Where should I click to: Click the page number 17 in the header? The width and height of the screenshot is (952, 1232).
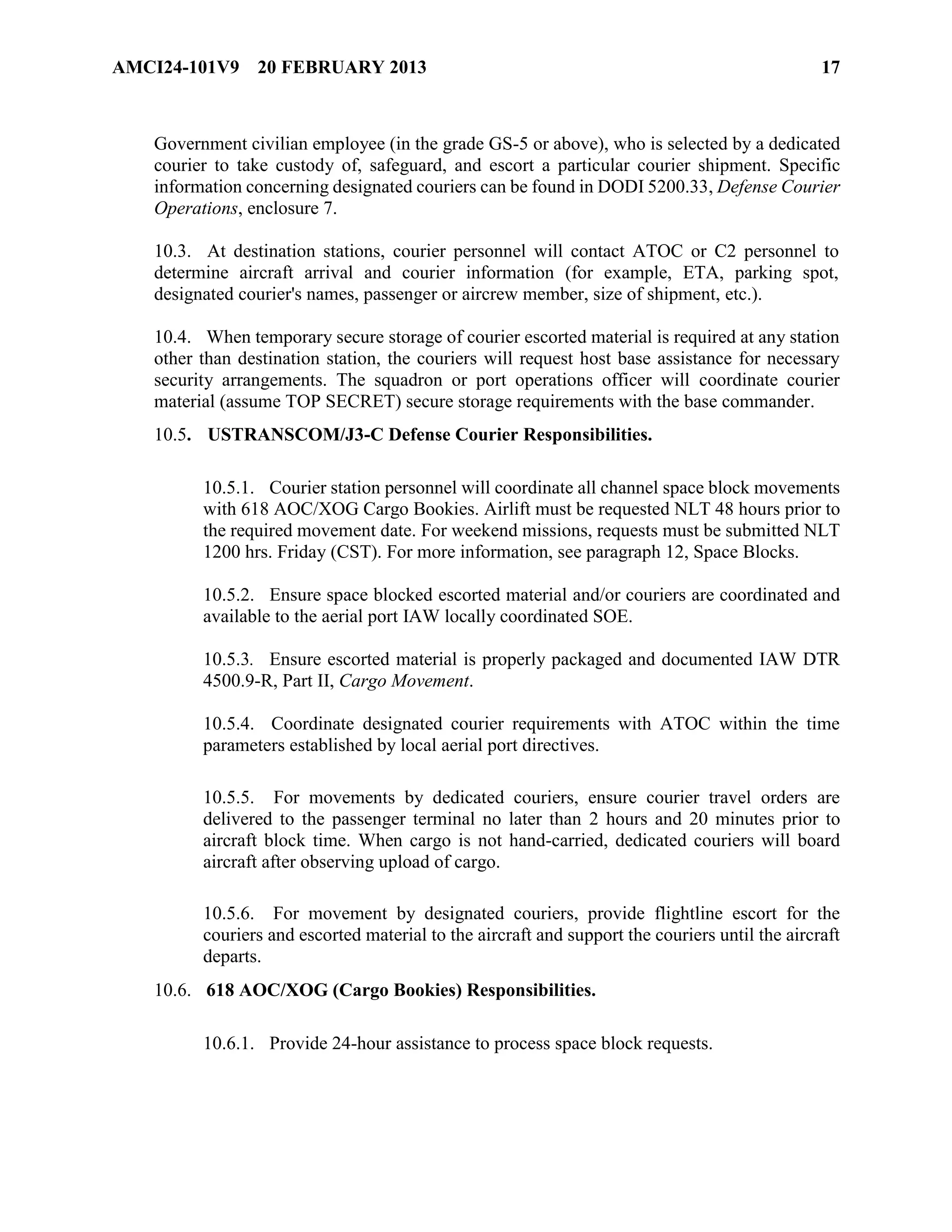click(x=831, y=68)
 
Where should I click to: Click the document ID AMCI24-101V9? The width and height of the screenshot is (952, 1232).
click(x=175, y=68)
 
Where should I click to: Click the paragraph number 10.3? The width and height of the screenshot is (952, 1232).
click(x=172, y=251)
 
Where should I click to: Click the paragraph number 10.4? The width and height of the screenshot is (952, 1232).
click(x=172, y=338)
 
